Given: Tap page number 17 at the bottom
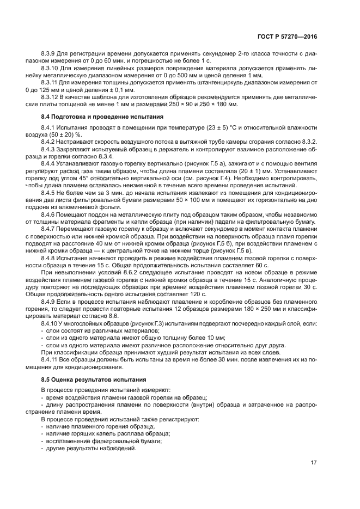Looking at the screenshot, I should coord(314,463).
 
